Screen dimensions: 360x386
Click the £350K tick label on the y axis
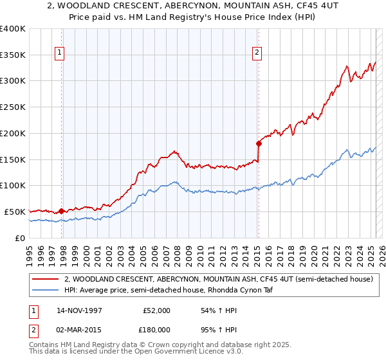(13, 55)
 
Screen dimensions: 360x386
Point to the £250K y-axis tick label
(13, 107)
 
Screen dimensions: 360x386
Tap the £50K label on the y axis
(15, 212)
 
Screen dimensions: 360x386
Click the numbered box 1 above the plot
(60, 53)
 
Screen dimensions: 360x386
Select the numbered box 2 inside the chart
(257, 53)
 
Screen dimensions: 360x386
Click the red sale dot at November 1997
(62, 210)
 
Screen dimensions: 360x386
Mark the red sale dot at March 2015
(259, 143)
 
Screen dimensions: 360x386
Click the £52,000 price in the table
(158, 310)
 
